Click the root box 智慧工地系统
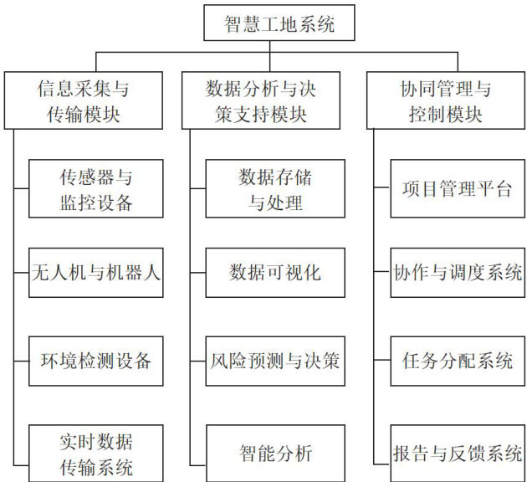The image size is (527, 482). point(279,24)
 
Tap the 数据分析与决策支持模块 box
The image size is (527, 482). point(274,100)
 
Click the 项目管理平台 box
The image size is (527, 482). point(456,189)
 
